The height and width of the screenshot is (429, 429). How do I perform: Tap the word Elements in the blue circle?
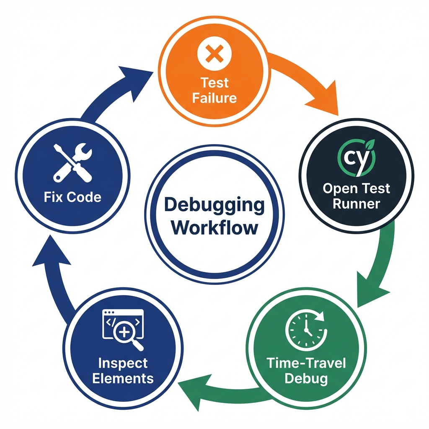(x=123, y=378)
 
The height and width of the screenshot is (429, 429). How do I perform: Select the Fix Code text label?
(x=72, y=197)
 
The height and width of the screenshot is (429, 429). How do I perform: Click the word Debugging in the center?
(x=214, y=205)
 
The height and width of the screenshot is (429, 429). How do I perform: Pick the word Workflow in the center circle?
(x=214, y=228)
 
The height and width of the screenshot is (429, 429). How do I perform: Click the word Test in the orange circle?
(x=214, y=83)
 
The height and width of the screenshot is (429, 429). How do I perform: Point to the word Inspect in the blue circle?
(x=123, y=363)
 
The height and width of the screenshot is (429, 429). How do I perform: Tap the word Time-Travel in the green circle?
(x=306, y=363)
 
